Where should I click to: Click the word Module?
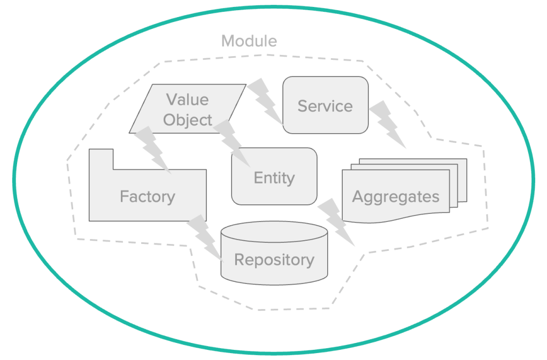(x=249, y=41)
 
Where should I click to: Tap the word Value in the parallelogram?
(x=187, y=99)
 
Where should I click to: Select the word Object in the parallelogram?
(x=188, y=120)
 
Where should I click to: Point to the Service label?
(x=325, y=106)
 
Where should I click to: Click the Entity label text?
(x=274, y=178)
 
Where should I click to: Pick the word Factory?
(x=148, y=196)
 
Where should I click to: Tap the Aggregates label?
(x=396, y=196)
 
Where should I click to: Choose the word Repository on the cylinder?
(x=274, y=260)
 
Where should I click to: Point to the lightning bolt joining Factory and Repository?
(x=204, y=235)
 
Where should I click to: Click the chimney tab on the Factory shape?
(x=101, y=158)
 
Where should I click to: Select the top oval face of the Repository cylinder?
(x=274, y=232)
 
